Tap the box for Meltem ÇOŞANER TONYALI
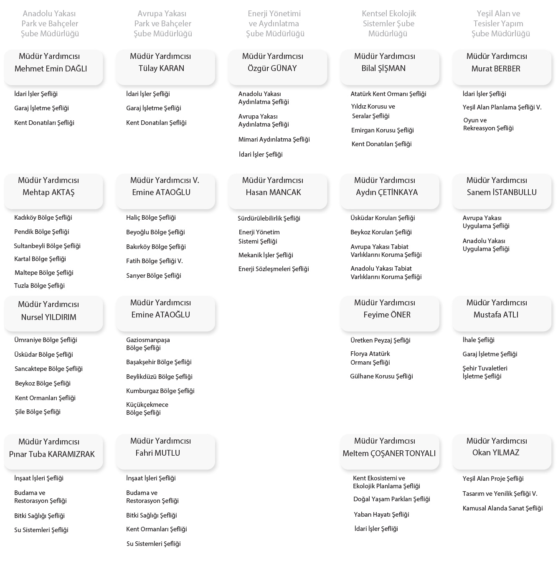point(390,452)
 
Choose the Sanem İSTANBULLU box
point(502,191)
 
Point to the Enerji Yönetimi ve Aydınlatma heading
point(274,23)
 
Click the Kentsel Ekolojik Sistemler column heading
point(388,23)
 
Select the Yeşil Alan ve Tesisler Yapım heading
point(500,23)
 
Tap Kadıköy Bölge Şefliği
point(43,218)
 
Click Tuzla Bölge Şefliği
point(39,286)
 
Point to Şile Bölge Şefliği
point(38,412)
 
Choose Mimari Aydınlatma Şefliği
point(274,140)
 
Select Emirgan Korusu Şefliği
point(382,130)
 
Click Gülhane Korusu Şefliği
point(381,376)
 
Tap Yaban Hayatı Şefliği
point(381,515)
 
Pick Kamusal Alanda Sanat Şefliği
point(502,508)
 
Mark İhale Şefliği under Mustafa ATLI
point(478,340)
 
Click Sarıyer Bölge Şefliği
point(154,276)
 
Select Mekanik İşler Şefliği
point(266,255)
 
